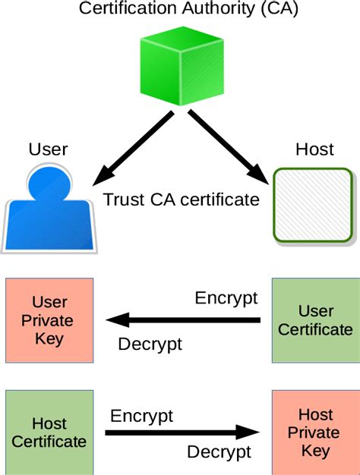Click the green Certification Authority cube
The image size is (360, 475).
(x=182, y=66)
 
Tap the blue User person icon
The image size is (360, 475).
(x=49, y=209)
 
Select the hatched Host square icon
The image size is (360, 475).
(x=314, y=206)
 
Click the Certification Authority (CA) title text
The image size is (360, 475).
(x=188, y=8)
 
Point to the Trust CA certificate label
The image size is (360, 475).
(x=182, y=200)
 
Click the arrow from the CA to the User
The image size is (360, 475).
(x=133, y=148)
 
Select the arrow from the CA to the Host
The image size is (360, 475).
(x=229, y=147)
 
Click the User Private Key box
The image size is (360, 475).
(x=49, y=320)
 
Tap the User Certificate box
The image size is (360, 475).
(x=316, y=320)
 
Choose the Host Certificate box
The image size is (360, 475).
(x=49, y=433)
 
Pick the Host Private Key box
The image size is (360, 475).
(x=316, y=433)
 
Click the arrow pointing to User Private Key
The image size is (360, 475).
(x=183, y=320)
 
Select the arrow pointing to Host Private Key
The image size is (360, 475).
(x=182, y=433)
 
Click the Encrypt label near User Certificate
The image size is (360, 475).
(x=226, y=299)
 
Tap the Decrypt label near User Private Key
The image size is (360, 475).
(x=150, y=344)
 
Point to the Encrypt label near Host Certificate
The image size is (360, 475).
(x=141, y=417)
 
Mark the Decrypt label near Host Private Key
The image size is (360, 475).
(x=219, y=453)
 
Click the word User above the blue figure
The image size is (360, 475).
(x=48, y=149)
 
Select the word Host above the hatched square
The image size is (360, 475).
(x=315, y=149)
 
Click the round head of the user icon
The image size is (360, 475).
(x=49, y=183)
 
